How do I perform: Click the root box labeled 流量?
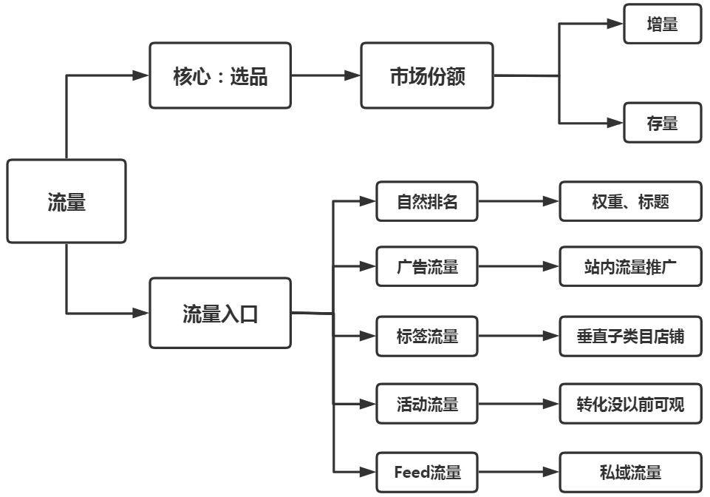click(66, 201)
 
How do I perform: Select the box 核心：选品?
click(220, 75)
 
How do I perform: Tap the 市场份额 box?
click(427, 75)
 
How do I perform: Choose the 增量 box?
click(662, 24)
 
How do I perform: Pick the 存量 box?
click(662, 123)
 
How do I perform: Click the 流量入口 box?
click(220, 313)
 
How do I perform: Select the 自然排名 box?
click(427, 201)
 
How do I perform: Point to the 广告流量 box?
click(427, 266)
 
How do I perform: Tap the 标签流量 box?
click(427, 336)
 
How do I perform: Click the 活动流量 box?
click(427, 404)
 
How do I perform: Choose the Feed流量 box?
click(427, 472)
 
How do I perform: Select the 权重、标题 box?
click(630, 201)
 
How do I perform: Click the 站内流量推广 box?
click(630, 266)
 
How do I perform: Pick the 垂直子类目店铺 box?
click(630, 336)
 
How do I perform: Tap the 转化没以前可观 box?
click(630, 404)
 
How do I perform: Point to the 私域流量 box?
click(630, 472)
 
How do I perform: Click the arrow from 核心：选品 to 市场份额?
click(326, 75)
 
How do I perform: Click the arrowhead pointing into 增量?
click(615, 24)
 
